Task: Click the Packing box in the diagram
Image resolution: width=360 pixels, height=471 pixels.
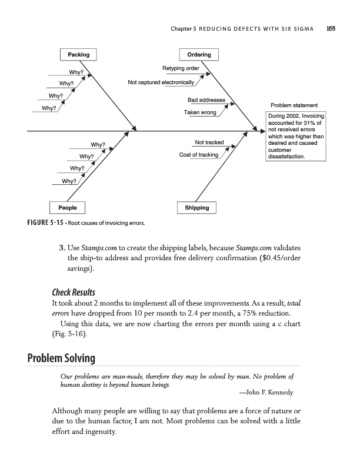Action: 78,55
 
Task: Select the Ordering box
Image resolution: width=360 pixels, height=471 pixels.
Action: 199,55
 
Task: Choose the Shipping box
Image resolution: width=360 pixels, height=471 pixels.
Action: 196,207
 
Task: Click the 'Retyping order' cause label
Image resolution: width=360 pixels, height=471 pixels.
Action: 181,68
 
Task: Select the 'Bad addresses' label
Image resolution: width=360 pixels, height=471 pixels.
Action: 206,99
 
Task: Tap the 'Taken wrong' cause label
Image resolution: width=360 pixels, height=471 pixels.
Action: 200,112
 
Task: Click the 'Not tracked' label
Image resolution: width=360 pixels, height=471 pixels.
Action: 209,142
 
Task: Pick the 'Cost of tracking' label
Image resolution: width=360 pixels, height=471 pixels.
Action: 198,155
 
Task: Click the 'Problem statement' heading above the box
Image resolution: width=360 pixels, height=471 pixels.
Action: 294,105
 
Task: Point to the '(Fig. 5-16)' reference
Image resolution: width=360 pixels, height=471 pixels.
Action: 63,334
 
